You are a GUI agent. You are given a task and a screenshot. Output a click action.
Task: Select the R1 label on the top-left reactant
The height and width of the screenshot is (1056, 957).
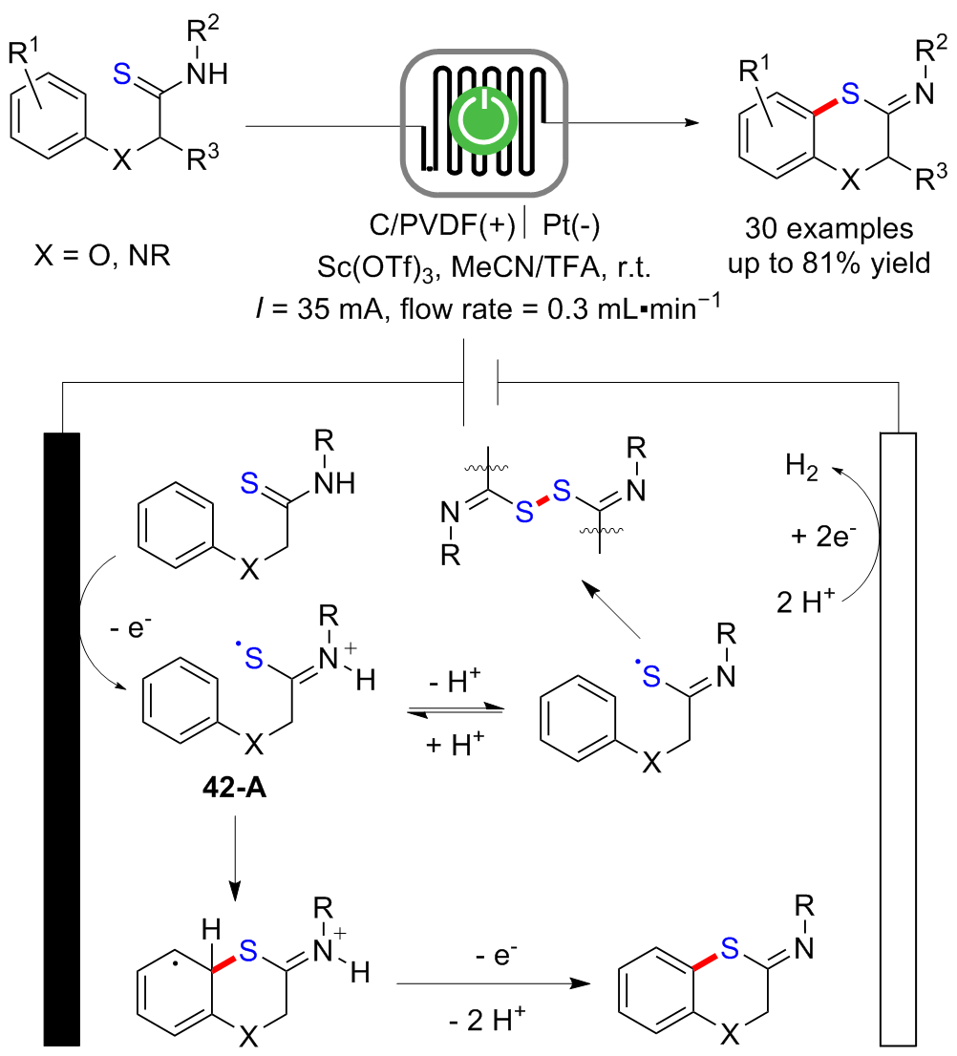pyautogui.click(x=27, y=49)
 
